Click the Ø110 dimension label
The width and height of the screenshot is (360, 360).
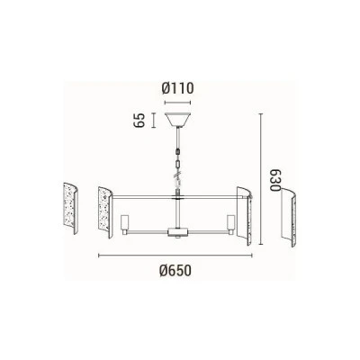tap(178, 88)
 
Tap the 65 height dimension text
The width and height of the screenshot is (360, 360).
tap(139, 121)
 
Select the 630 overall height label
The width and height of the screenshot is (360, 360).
tap(274, 180)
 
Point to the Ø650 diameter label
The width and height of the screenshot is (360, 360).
tap(175, 271)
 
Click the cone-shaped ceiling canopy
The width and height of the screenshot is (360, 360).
tap(178, 120)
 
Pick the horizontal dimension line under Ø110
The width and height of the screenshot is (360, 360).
tap(178, 103)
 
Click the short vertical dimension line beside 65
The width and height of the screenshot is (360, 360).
tap(154, 121)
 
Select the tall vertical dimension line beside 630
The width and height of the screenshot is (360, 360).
tap(261, 179)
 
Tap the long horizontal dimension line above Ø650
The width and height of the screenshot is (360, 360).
tap(175, 256)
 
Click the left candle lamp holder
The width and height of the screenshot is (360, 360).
tap(124, 224)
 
